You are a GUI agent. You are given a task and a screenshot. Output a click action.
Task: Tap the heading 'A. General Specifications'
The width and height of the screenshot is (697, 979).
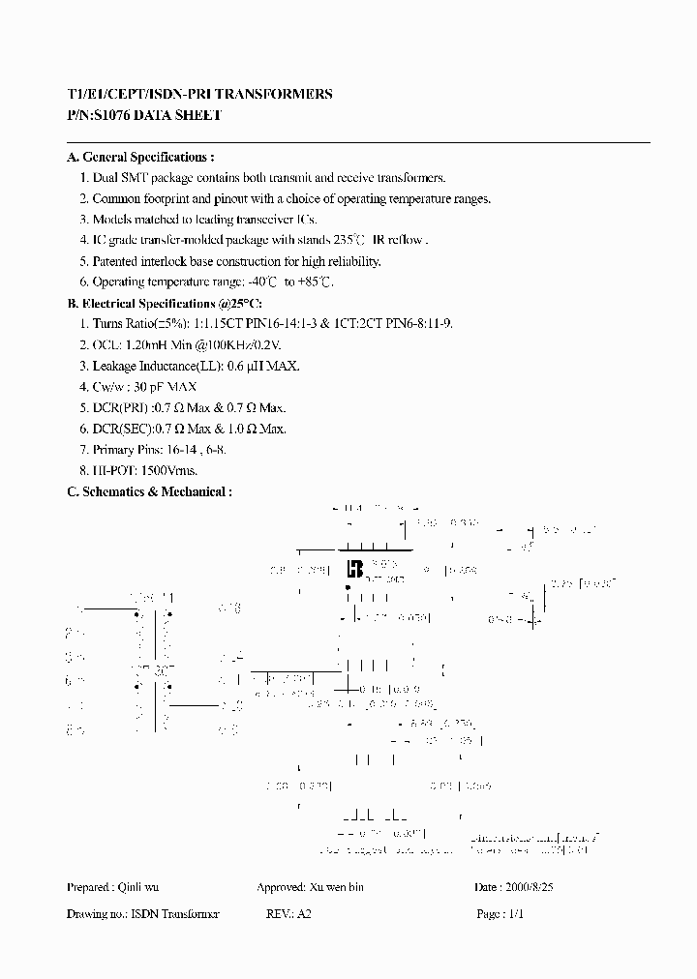tap(140, 157)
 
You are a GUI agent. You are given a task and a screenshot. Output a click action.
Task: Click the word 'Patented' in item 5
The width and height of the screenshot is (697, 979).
tap(116, 261)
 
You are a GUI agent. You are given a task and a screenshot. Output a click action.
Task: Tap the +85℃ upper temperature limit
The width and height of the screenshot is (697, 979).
tap(316, 282)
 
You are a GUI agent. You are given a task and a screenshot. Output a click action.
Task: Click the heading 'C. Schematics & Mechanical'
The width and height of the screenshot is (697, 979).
tap(149, 491)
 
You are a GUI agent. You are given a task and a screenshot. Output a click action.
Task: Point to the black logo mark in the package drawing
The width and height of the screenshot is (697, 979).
tap(354, 568)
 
